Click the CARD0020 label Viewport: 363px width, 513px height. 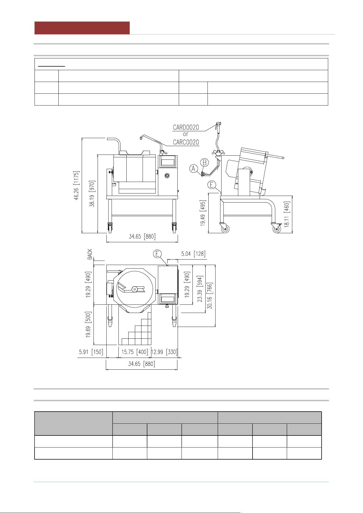click(x=186, y=127)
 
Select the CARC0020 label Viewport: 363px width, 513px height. click(x=186, y=142)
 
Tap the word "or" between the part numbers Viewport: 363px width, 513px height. click(x=186, y=134)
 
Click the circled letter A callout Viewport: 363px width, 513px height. click(x=194, y=169)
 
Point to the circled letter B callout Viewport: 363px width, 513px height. click(x=205, y=163)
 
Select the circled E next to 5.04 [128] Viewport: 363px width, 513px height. click(x=157, y=254)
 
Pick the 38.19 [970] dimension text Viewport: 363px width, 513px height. click(x=92, y=194)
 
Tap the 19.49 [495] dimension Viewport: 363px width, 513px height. click(x=203, y=213)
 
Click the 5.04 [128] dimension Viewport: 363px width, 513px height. click(x=193, y=254)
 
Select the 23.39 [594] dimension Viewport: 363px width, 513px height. click(x=200, y=289)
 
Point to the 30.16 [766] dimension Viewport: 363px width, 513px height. click(x=210, y=296)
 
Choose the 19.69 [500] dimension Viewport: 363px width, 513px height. click(x=88, y=324)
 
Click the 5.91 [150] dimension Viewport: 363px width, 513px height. click(x=91, y=352)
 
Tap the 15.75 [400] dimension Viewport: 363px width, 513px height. click(x=135, y=352)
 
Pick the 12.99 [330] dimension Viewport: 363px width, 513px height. click(x=164, y=352)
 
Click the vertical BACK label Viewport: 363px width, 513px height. click(x=90, y=254)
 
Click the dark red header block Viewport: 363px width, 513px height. click(x=82, y=28)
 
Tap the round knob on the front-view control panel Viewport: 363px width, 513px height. click(x=167, y=176)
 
